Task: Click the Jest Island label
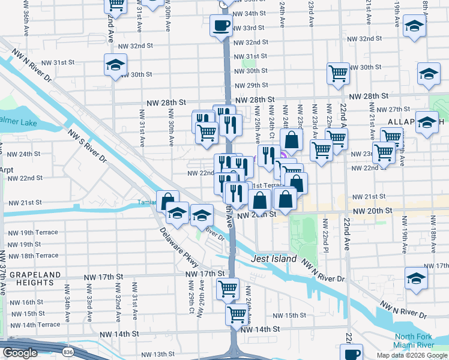pyautogui.click(x=274, y=259)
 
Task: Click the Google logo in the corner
pyautogui.click(x=20, y=353)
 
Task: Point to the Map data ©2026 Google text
pyautogui.click(x=412, y=355)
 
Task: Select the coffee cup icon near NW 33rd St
pyautogui.click(x=220, y=26)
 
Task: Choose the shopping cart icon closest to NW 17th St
pyautogui.click(x=228, y=289)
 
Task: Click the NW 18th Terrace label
pyautogui.click(x=32, y=256)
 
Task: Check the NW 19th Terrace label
pyautogui.click(x=32, y=232)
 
